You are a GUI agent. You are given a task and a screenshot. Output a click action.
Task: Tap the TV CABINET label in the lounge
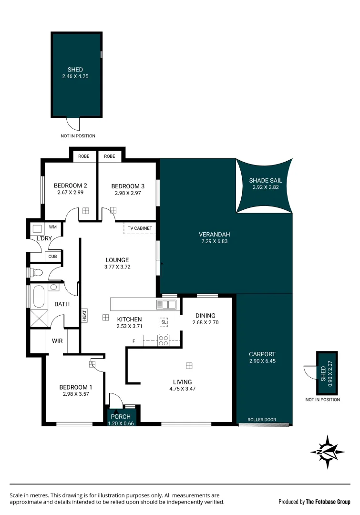(x=140, y=228)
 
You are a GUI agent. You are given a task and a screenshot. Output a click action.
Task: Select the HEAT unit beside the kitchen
(x=84, y=315)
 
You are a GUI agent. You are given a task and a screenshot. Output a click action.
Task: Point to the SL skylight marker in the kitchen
(x=164, y=322)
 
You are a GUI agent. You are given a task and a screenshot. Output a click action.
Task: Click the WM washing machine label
(x=52, y=227)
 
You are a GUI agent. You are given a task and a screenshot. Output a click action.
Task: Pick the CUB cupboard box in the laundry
(x=52, y=257)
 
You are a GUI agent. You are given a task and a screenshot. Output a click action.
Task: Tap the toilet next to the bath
(x=37, y=273)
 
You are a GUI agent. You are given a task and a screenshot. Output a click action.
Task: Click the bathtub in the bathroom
(x=38, y=297)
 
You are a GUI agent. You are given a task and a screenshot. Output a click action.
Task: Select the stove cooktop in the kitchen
(x=163, y=340)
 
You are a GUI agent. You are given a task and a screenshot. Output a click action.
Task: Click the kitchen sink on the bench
(x=170, y=304)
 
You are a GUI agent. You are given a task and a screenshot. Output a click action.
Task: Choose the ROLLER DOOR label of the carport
(x=262, y=420)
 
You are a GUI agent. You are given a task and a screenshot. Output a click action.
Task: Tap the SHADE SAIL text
(x=266, y=181)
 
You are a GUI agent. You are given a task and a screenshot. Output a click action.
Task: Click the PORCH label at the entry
(x=121, y=417)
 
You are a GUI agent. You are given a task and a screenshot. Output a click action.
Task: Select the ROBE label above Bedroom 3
(x=110, y=156)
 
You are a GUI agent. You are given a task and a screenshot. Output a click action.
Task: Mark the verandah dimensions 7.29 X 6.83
(x=215, y=241)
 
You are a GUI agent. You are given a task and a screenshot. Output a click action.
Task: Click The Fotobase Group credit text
(x=328, y=502)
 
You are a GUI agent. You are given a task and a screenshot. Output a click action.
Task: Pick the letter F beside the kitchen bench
(x=134, y=340)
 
